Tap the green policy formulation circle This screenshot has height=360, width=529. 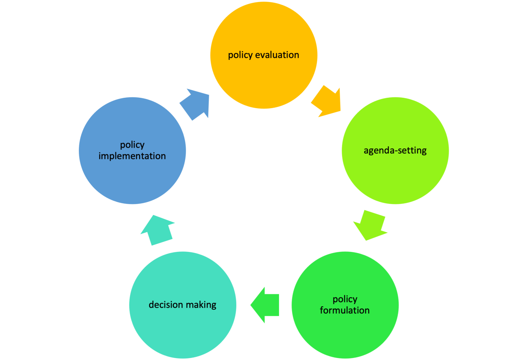click(x=345, y=330)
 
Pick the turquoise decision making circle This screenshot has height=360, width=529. click(x=183, y=327)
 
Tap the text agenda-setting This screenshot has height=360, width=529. click(x=395, y=151)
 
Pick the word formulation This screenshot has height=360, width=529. click(x=345, y=310)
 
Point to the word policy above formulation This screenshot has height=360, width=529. click(x=345, y=299)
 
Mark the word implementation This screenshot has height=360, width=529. click(x=132, y=156)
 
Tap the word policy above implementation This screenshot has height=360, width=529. click(x=132, y=145)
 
